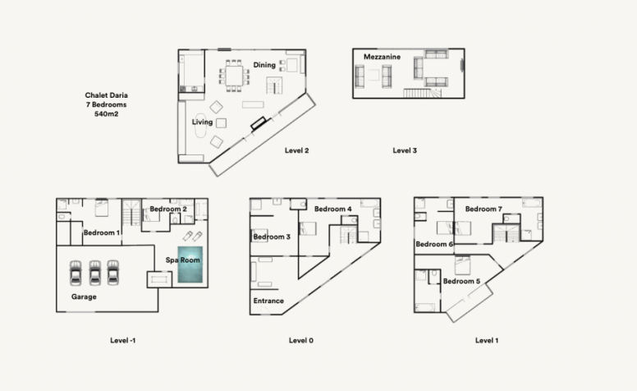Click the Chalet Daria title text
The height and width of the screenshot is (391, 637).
107,95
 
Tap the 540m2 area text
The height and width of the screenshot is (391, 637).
107,114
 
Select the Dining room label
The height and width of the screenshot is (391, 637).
264,65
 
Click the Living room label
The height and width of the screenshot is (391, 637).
202,122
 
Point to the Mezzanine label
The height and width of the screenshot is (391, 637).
382,57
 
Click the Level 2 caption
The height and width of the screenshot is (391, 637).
296,150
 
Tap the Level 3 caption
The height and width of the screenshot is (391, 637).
405,150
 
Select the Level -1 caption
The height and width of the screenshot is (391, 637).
122,341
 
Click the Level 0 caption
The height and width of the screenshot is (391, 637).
301,341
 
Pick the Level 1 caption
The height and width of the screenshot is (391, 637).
487,341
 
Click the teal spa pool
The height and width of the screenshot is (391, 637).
190,264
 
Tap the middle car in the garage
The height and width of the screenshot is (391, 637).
94,273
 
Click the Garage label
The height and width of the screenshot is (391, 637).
84,297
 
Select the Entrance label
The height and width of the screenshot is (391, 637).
268,301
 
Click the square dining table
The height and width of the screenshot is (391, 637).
234,76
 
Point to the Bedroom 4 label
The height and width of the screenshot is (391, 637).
333,209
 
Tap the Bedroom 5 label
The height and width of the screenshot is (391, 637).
461,281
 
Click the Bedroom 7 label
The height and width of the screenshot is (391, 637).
483,209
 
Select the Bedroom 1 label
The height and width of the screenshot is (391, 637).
102,233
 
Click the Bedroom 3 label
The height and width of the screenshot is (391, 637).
272,237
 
